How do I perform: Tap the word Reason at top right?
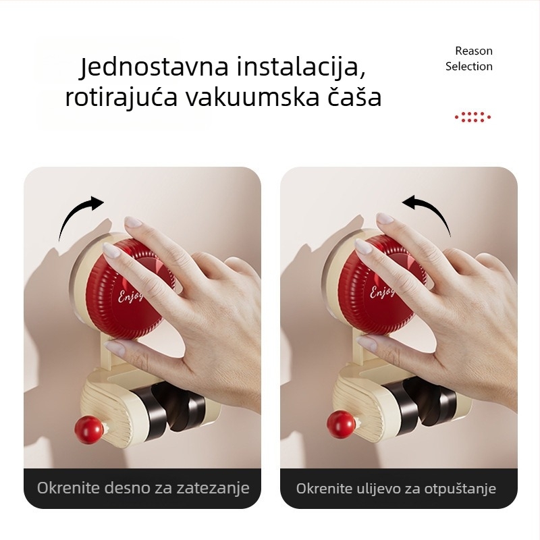pos(474,51)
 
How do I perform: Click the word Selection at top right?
pos(469,66)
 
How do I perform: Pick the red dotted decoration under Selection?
pos(473,117)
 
